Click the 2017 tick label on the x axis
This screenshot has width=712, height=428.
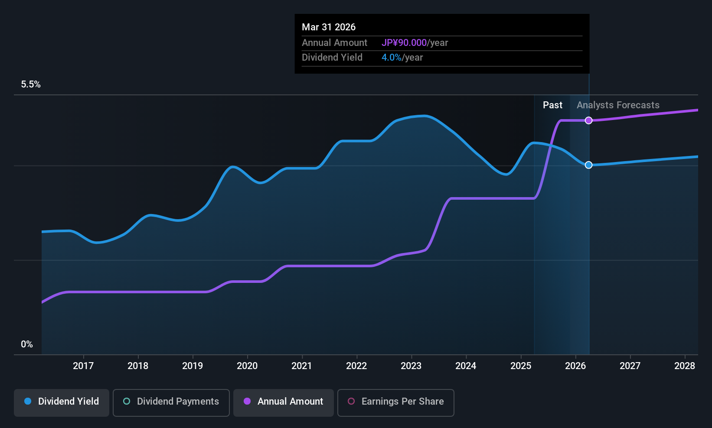(83, 366)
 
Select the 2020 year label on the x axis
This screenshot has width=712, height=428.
(247, 366)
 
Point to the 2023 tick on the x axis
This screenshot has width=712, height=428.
(411, 366)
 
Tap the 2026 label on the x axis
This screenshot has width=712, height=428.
(575, 366)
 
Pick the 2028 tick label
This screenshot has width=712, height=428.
(685, 366)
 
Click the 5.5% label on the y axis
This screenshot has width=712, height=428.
(31, 84)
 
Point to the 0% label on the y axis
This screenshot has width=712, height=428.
(27, 344)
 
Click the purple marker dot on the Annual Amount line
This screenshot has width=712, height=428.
(588, 120)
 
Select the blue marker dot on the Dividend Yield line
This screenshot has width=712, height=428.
(588, 165)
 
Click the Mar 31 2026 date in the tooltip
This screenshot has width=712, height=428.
(329, 27)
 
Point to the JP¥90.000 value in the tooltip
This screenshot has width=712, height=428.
(404, 43)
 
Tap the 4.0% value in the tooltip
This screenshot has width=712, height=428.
(391, 58)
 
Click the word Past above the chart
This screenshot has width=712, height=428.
(552, 105)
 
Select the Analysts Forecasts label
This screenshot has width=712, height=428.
(618, 105)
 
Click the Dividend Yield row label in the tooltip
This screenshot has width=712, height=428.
(332, 58)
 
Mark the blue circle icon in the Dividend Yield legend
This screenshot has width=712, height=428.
(28, 401)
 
